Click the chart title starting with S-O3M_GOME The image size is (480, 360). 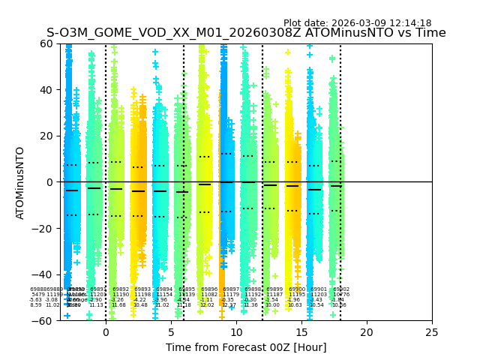pyautogui.click(x=246, y=33)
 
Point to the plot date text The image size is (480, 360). pyautogui.click(x=357, y=23)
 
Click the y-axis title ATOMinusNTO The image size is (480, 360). pyautogui.click(x=21, y=182)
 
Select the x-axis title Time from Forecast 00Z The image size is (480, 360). pyautogui.click(x=246, y=347)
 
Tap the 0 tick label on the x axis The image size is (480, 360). pyautogui.click(x=106, y=332)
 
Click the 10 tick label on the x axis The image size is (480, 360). pyautogui.click(x=236, y=332)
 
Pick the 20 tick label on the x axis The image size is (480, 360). pyautogui.click(x=367, y=332)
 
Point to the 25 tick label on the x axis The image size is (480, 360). pyautogui.click(x=432, y=332)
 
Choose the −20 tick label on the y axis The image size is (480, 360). pyautogui.click(x=45, y=229)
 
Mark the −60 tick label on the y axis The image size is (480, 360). pyautogui.click(x=45, y=321)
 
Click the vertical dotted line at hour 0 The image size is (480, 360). pyautogui.click(x=106, y=112)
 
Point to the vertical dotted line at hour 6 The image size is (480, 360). pyautogui.click(x=184, y=112)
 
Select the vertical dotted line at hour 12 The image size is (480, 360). pyautogui.click(x=262, y=112)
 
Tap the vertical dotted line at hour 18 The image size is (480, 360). pyautogui.click(x=340, y=112)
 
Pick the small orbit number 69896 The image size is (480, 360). pyautogui.click(x=209, y=289)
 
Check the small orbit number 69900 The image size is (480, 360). pyautogui.click(x=297, y=289)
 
